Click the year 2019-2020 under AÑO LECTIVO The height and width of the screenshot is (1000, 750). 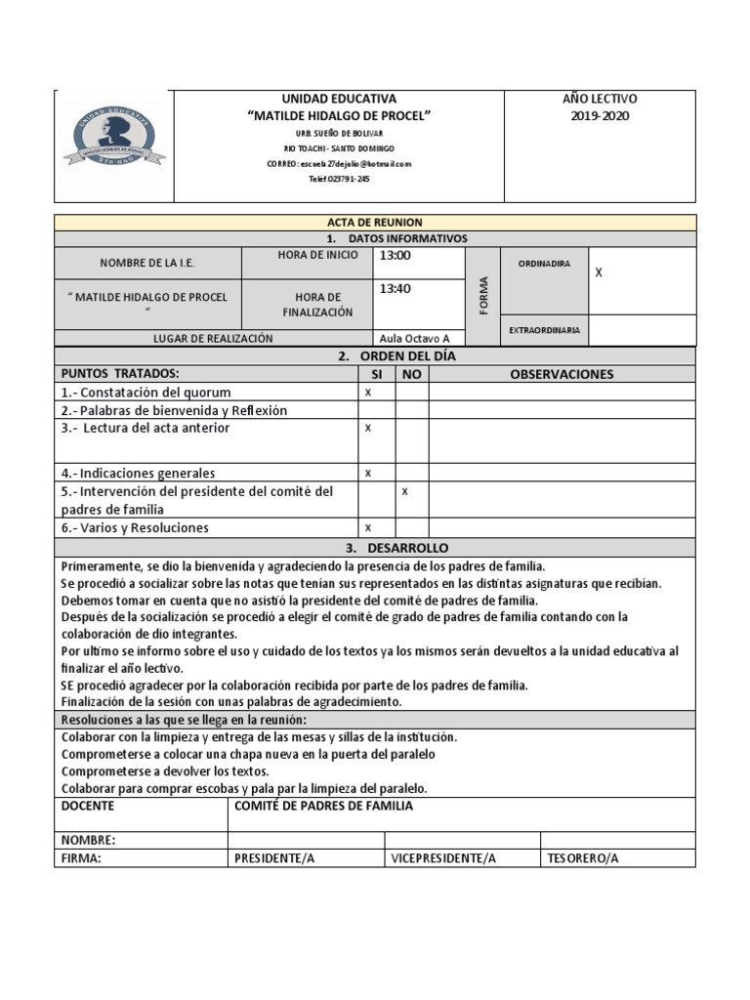[x=601, y=116]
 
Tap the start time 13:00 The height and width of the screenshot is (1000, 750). [x=396, y=256]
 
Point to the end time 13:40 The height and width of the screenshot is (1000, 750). [x=396, y=289]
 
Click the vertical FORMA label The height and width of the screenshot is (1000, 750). [x=483, y=294]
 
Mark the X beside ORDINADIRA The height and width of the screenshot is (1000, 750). [x=600, y=273]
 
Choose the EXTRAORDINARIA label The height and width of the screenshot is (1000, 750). [x=544, y=330]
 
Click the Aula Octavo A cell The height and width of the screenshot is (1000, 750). [x=415, y=339]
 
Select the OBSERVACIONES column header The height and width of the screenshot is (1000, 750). [x=562, y=374]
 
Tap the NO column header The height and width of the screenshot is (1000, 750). [x=411, y=374]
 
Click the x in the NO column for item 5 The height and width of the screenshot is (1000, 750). [x=405, y=491]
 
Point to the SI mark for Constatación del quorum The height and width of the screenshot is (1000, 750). [x=368, y=392]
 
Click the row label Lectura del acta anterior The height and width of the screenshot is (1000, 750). [x=146, y=428]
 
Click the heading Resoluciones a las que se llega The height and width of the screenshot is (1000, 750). [x=184, y=720]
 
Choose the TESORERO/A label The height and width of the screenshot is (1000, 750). [x=583, y=858]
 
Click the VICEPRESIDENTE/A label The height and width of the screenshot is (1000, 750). [x=443, y=858]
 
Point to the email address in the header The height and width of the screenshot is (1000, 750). [x=339, y=164]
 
